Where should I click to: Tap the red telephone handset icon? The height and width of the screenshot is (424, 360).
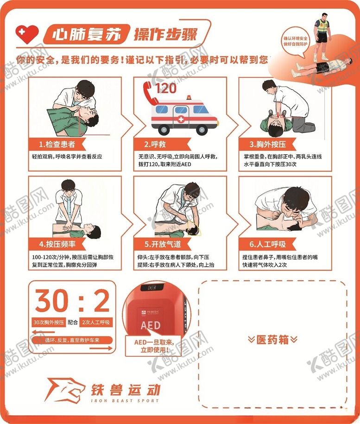point(149,88)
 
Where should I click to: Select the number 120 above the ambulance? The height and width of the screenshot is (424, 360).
point(166,88)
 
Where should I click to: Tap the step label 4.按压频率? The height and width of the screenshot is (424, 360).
point(59,244)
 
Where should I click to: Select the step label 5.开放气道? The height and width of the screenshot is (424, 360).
point(162,244)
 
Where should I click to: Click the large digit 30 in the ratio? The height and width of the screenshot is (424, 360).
point(52,301)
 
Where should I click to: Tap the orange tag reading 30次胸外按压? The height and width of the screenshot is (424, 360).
point(49,322)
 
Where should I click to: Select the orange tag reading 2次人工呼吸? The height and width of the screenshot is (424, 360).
point(96,322)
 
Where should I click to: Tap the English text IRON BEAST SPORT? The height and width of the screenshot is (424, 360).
point(125,400)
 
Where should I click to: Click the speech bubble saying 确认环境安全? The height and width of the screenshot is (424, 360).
point(297,41)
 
